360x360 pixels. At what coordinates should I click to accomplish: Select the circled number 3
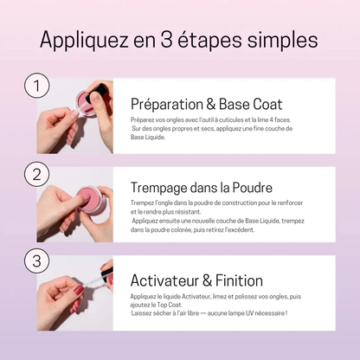(35, 260)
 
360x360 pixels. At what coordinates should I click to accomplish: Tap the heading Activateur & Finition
(196, 280)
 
